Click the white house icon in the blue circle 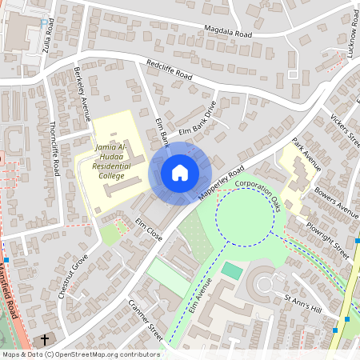point(180,173)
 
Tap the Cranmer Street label point(146,321)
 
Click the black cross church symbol point(44,340)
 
